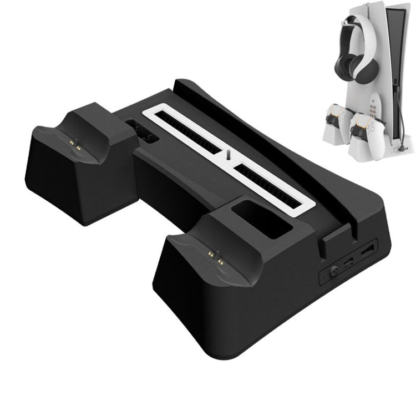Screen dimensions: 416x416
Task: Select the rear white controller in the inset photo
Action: (337, 119)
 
